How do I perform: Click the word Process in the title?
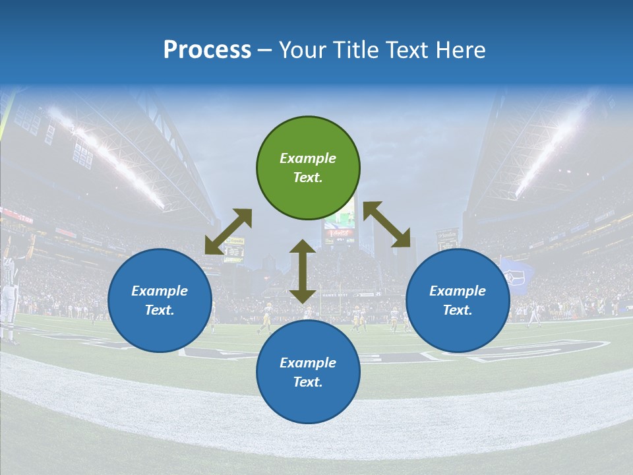pyautogui.click(x=207, y=50)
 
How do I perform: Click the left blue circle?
pyautogui.click(x=160, y=300)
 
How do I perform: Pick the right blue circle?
pyautogui.click(x=458, y=300)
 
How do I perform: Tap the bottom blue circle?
pyautogui.click(x=308, y=372)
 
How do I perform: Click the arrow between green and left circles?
pyautogui.click(x=228, y=232)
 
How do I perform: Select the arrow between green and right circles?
pyautogui.click(x=387, y=224)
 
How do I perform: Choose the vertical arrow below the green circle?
pyautogui.click(x=303, y=271)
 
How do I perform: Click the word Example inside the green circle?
pyautogui.click(x=308, y=158)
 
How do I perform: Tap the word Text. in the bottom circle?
pyautogui.click(x=308, y=382)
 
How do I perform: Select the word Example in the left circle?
pyautogui.click(x=160, y=291)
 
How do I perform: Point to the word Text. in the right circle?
pyautogui.click(x=458, y=310)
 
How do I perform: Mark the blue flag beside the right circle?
pyautogui.click(x=514, y=275)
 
